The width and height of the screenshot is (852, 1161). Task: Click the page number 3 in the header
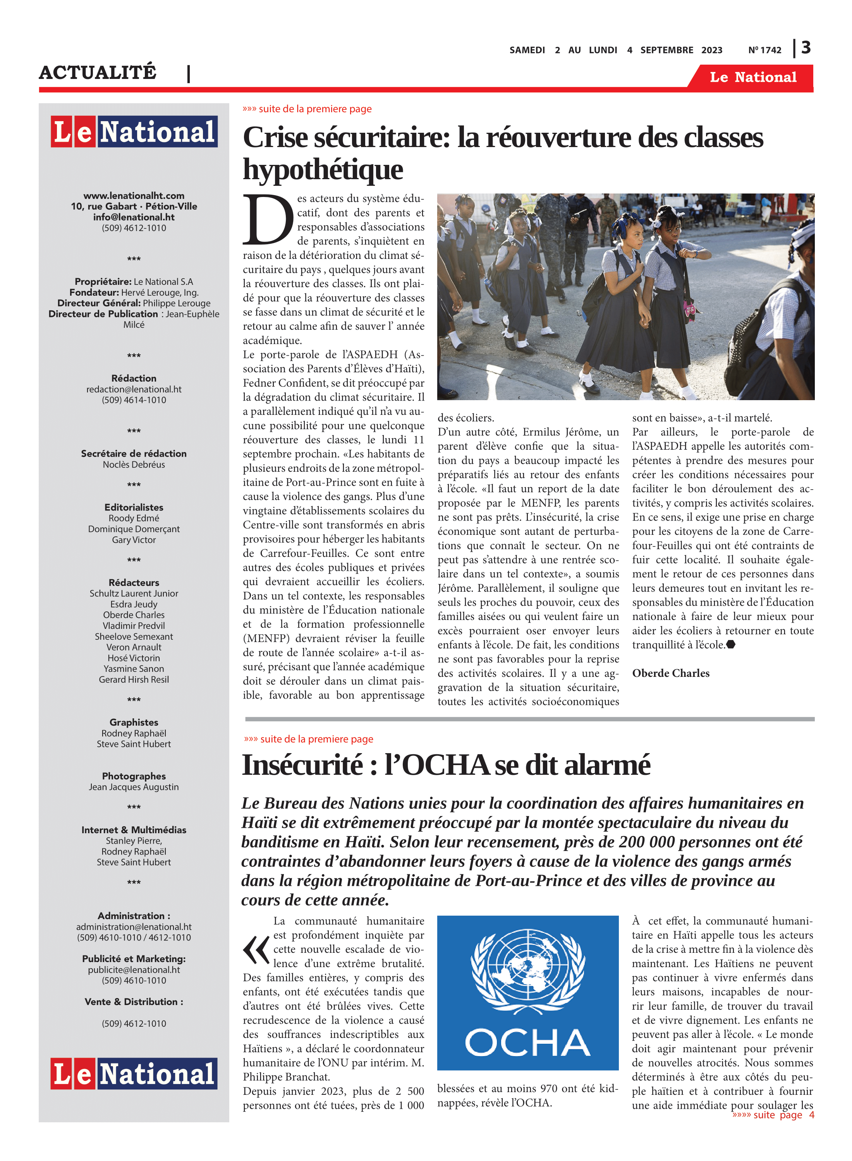point(806,48)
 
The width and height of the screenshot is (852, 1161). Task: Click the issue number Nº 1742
point(764,50)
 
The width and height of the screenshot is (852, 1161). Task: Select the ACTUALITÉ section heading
point(98,72)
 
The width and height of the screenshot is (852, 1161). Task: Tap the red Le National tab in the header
point(752,77)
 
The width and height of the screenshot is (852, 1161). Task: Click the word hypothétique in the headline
point(323,170)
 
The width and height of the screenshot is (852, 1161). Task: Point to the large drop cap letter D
point(268,219)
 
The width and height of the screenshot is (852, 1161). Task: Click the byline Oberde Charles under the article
point(670,673)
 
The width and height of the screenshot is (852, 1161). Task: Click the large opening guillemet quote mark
point(256,951)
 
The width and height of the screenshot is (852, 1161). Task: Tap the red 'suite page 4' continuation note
point(773,1115)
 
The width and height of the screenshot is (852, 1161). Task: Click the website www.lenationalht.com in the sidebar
point(134,195)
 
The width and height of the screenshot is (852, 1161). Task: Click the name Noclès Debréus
point(134,464)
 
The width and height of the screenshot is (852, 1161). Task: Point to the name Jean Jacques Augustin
point(134,787)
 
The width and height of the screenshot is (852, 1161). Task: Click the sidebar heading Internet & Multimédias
point(134,830)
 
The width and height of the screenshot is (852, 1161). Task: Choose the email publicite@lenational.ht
point(134,969)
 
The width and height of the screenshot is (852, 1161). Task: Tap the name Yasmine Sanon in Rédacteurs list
point(134,668)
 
